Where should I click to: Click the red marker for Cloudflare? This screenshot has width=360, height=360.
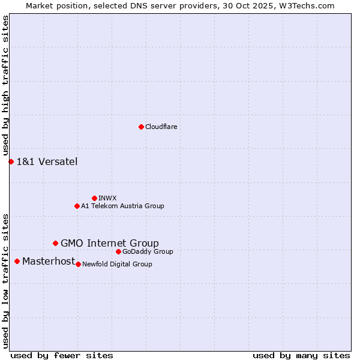coord(141,127)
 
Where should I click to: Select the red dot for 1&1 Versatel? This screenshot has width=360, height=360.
coord(11,161)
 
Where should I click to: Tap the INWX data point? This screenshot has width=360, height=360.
coord(94,198)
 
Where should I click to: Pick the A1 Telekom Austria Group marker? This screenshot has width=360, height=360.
coord(77,206)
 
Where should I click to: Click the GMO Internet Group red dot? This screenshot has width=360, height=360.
coord(55,243)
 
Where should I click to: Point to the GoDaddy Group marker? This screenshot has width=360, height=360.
coord(118,251)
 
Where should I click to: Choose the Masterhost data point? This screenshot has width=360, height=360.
coord(17,261)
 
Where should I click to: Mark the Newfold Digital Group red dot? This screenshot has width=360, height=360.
coord(78,264)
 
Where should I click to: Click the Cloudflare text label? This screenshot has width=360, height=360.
coord(161,127)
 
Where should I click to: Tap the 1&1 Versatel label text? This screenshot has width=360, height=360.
coord(47,161)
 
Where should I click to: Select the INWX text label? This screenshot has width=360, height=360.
coord(107,198)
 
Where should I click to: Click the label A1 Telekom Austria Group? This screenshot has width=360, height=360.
coord(122,206)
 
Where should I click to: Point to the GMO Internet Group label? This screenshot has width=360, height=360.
coord(110,243)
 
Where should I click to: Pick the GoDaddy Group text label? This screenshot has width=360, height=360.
coord(148,251)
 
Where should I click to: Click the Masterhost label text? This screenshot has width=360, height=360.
coord(49,261)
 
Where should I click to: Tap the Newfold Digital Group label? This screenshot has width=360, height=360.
coord(117,264)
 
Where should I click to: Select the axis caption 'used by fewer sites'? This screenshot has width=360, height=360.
coord(62,355)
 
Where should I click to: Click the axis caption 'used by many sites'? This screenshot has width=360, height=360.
coord(301,355)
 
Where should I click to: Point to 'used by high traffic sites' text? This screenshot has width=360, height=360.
coord(5,86)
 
